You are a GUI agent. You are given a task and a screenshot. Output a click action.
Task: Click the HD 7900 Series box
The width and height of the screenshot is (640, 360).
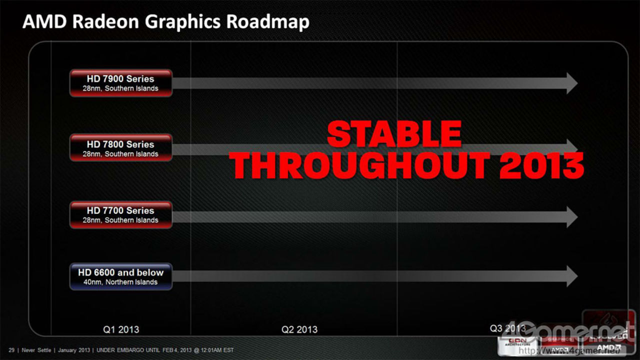click(x=120, y=83)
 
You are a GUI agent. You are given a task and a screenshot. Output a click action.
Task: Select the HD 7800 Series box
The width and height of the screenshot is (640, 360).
click(x=120, y=148)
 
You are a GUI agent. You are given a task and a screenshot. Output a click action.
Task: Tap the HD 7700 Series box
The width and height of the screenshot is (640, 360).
click(x=120, y=214)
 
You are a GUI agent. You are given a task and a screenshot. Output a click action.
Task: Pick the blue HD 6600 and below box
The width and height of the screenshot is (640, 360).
click(x=120, y=276)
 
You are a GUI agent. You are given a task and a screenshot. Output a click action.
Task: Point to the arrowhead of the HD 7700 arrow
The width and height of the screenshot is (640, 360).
click(x=571, y=216)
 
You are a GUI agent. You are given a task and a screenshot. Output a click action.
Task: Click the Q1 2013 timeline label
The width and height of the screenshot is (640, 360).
click(x=121, y=329)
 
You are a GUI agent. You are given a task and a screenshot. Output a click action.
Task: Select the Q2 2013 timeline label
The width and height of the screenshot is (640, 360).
click(x=299, y=329)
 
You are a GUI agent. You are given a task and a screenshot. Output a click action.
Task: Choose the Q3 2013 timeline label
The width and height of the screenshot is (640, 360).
click(x=507, y=328)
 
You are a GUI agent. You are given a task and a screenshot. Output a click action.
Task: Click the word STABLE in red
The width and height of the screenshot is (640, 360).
click(x=394, y=134)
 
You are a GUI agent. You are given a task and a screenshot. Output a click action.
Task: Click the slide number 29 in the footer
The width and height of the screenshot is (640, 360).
click(x=11, y=350)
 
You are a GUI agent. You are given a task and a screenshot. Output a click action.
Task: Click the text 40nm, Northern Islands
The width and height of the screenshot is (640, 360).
click(x=120, y=282)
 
